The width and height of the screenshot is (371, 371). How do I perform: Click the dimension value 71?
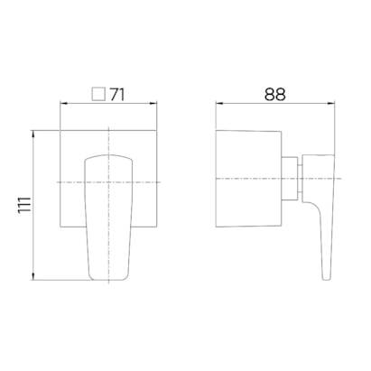coord(116,95)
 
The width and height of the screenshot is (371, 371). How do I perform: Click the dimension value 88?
coord(275,95)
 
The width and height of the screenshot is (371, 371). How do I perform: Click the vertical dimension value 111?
coord(24,205)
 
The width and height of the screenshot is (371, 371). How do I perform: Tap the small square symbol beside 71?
coord(98,94)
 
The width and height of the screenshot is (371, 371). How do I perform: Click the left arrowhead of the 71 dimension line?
coord(63,104)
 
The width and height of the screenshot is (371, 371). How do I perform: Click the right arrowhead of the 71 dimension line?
coord(154,104)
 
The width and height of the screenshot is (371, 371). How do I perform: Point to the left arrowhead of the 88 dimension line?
coord(218,104)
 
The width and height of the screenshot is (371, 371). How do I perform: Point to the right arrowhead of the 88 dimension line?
coord(331,104)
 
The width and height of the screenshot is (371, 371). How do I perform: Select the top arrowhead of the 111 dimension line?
coord(33,134)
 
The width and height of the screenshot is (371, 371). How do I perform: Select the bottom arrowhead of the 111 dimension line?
coord(33,277)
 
